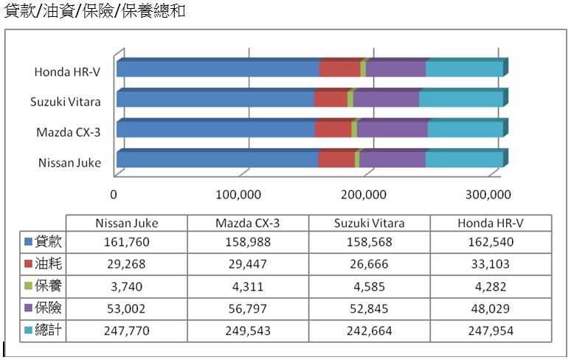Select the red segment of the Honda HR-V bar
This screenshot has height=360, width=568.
tap(340, 69)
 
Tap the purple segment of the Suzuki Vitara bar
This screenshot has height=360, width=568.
tap(386, 100)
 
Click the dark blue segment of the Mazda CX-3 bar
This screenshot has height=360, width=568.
tap(215, 129)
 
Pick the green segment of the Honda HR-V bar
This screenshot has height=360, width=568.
tap(363, 69)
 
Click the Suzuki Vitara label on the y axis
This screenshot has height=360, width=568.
tap(66, 102)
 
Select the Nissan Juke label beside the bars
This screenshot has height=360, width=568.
tap(69, 162)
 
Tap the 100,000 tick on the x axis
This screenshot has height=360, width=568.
tap(240, 195)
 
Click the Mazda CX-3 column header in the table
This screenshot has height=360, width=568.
tap(248, 223)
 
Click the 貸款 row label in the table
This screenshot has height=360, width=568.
tap(49, 241)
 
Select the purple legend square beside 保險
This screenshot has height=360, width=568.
tap(28, 308)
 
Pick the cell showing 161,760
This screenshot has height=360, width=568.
tap(127, 241)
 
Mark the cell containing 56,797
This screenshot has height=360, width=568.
tap(248, 308)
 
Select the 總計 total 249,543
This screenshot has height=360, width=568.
tap(248, 330)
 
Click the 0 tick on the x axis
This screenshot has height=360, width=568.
tap(114, 195)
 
